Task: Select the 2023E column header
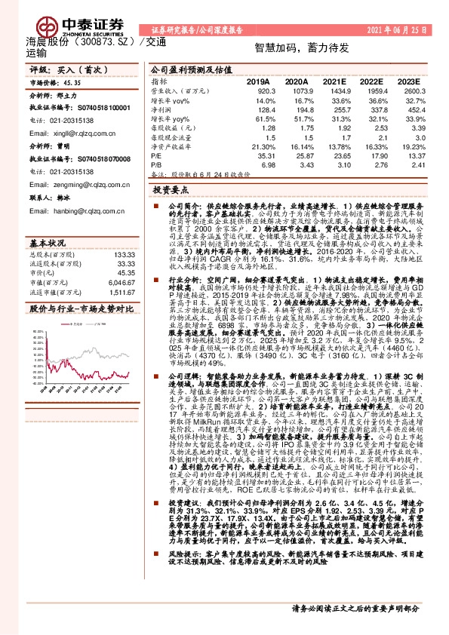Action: click(407, 81)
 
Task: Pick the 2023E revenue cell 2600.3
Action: click(407, 90)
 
